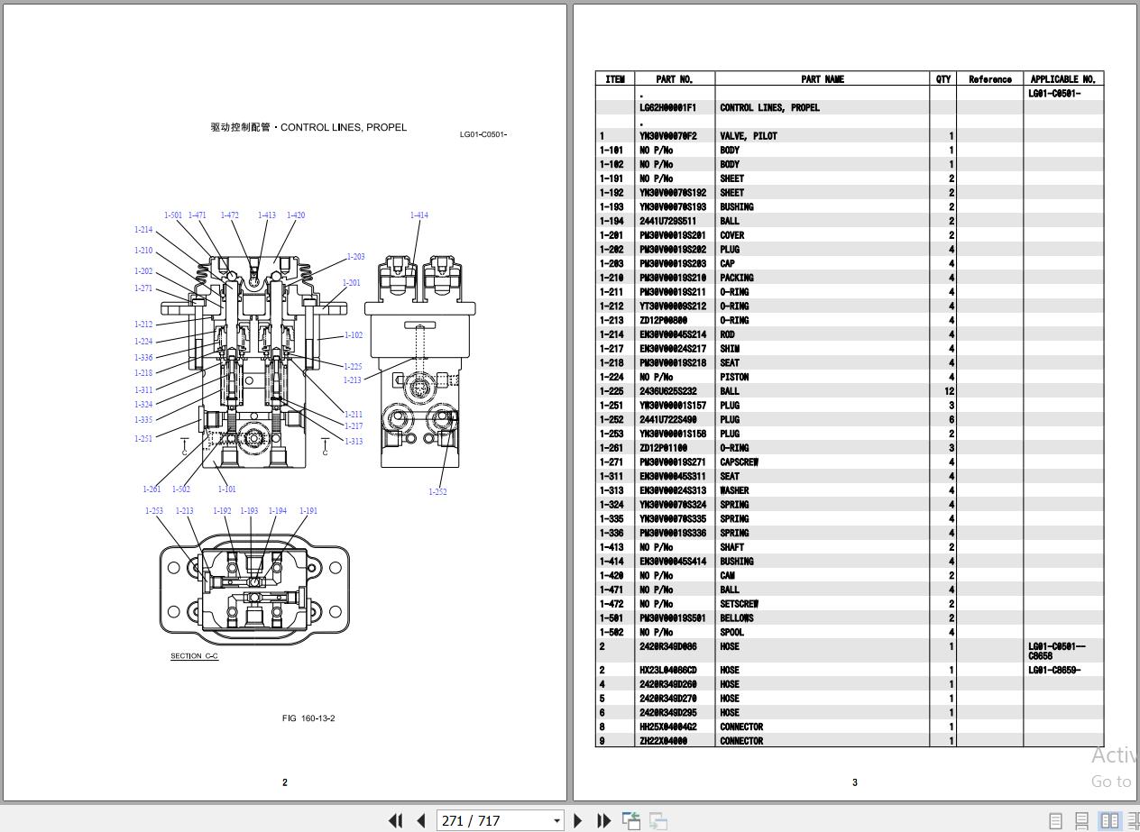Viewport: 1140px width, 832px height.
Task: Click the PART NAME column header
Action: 822,79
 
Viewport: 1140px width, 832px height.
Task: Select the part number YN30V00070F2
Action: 668,136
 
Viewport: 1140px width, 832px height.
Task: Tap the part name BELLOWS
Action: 736,618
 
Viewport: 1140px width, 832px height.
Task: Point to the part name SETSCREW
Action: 739,604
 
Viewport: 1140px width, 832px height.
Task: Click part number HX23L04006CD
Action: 668,671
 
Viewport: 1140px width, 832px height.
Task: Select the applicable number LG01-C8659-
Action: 1053,671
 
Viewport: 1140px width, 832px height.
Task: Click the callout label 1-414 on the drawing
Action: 418,215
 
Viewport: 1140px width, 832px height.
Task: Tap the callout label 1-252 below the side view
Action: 437,492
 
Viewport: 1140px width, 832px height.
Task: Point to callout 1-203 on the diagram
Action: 355,257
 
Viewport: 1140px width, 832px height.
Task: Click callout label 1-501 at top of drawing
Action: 173,215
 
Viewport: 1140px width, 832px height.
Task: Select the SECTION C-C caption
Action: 194,656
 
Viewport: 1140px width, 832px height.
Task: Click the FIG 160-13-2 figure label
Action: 308,718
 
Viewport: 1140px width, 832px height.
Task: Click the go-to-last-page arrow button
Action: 604,820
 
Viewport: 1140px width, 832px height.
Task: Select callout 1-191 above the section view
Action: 308,511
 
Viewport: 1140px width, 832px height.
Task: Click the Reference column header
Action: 989,79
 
